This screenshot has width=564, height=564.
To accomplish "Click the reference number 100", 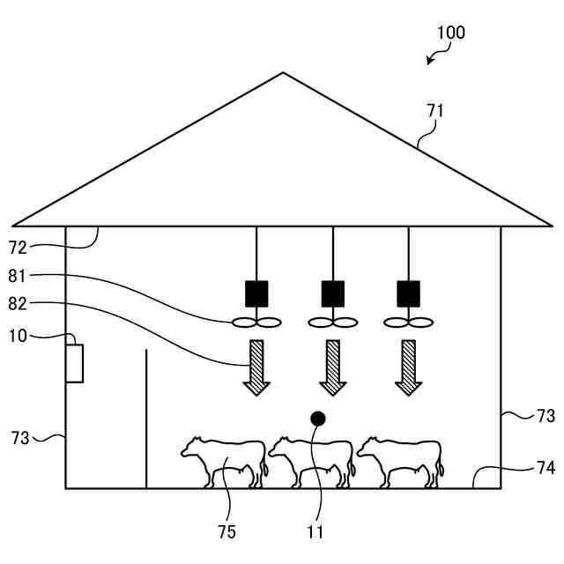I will [x=451, y=33].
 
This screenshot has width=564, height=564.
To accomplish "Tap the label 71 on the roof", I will [x=435, y=111].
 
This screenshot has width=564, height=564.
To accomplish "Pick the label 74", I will [x=546, y=468].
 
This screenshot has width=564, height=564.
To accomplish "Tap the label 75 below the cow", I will [x=226, y=531].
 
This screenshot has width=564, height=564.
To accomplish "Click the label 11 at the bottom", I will [x=315, y=531].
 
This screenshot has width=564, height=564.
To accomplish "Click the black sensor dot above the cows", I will [x=318, y=418].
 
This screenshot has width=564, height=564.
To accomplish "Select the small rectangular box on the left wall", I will [x=75, y=363].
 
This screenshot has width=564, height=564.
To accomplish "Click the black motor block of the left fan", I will [x=256, y=293].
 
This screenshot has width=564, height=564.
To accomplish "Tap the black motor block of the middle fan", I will [x=332, y=293].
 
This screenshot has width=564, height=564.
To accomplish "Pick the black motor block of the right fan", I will [x=408, y=293].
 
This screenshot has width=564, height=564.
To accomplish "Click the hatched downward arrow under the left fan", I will [x=256, y=367].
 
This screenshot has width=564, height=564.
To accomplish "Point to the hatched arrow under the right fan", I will [x=408, y=367].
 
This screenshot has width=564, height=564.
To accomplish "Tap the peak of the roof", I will [x=283, y=73].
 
